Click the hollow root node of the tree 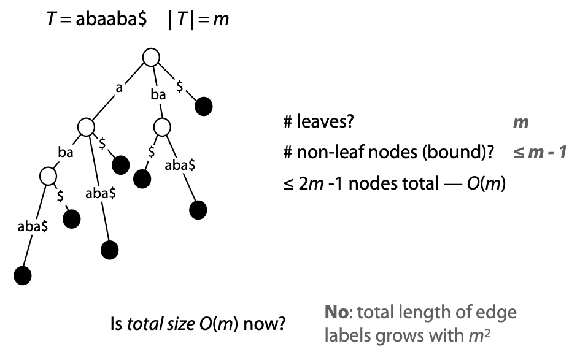click(150, 57)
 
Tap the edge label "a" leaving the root click(119, 88)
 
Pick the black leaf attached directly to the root click(204, 107)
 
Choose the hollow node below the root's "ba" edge click(161, 127)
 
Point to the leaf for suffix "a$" click(120, 164)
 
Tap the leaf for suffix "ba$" click(142, 178)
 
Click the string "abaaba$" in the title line click(111, 20)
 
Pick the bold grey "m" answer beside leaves click(520, 123)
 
